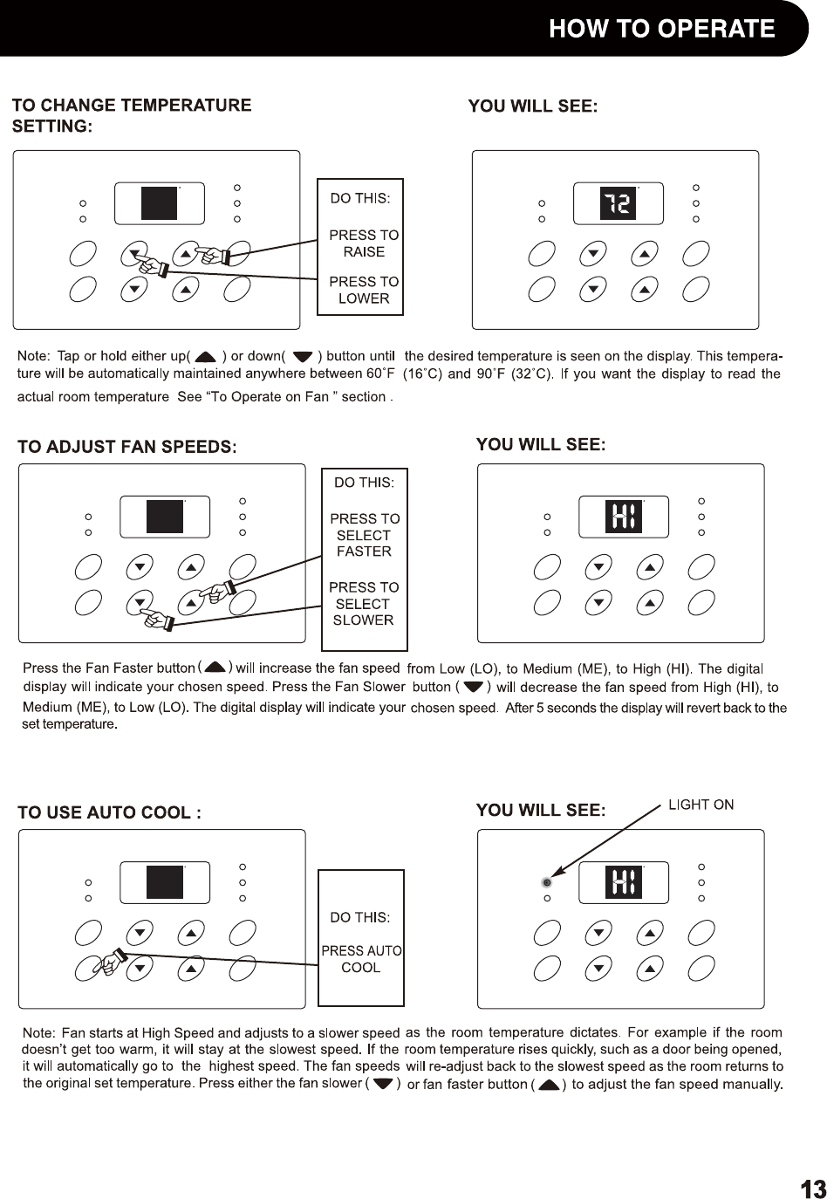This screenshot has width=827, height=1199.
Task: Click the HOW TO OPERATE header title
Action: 661,29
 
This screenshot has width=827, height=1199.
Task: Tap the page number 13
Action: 811,1188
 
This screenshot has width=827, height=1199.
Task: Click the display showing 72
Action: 619,204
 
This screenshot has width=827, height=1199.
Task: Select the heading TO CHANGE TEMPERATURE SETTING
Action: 131,115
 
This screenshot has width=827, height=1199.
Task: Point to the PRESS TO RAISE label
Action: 364,243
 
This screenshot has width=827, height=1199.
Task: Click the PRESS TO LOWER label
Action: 364,290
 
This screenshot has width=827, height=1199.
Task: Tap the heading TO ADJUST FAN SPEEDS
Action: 127,447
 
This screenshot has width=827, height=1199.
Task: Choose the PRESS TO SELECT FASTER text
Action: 365,535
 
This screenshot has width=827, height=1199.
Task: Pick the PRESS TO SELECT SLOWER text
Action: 364,604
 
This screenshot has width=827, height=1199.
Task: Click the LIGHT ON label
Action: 701,805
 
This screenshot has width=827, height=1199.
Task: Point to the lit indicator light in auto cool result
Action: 546,882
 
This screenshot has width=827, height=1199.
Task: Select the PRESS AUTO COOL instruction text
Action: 361,959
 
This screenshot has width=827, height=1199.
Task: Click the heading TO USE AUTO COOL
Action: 110,812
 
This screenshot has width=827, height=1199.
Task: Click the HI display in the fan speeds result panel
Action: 624,517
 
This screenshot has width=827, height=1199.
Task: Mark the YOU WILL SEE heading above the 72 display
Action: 532,106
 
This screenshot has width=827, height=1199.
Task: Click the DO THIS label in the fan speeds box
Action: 365,482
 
